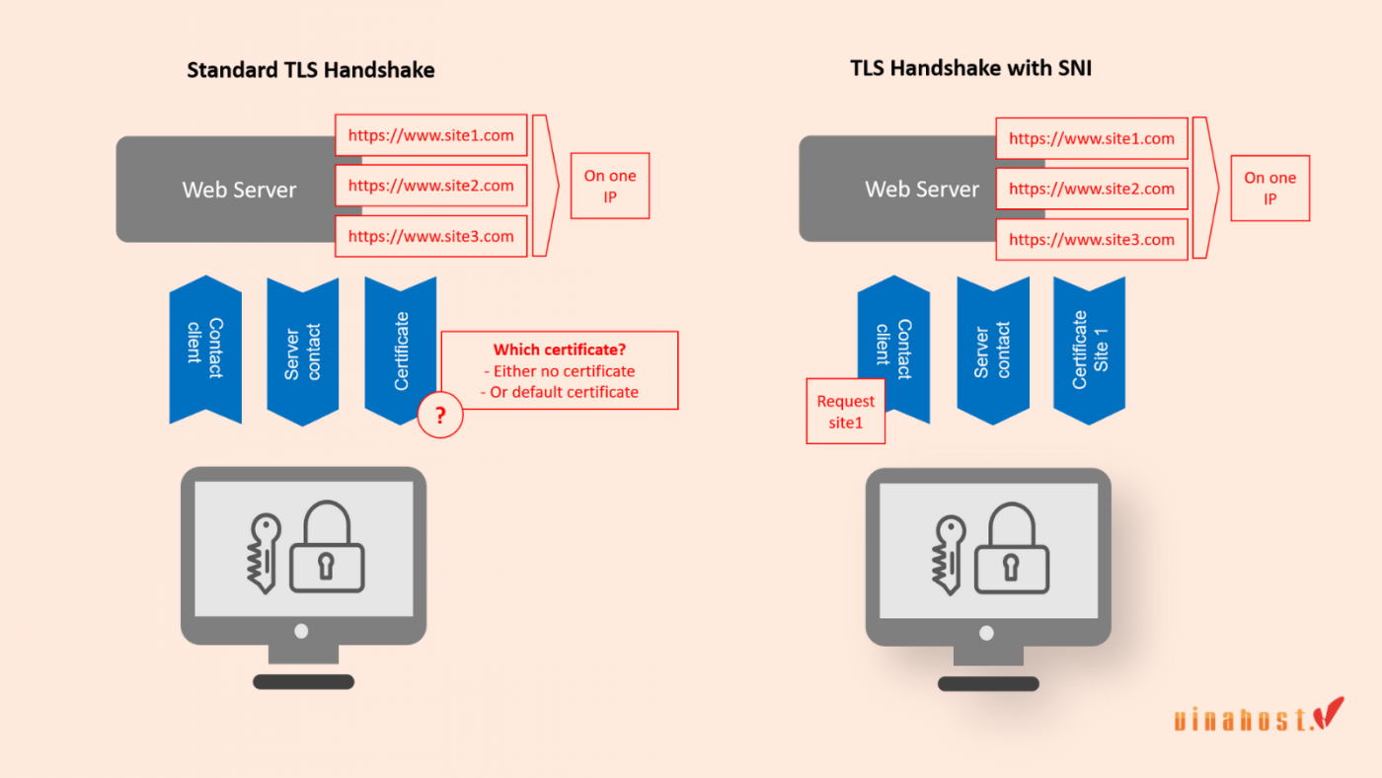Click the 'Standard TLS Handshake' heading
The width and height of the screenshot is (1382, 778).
[x=311, y=70]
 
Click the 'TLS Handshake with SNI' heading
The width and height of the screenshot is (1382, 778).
[x=970, y=68]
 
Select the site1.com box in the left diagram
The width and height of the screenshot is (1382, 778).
[x=431, y=135]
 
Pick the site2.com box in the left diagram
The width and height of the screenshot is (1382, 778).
[x=431, y=186]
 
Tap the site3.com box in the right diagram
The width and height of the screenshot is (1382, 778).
[x=1091, y=240]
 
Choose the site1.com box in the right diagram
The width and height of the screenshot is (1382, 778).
[x=1091, y=139]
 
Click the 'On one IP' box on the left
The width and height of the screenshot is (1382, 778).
[x=610, y=186]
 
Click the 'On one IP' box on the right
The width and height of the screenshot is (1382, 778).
[x=1269, y=188]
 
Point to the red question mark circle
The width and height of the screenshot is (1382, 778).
[x=440, y=417]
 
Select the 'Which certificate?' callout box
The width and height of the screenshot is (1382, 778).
[x=560, y=370]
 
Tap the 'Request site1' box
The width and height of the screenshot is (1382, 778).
[x=846, y=411]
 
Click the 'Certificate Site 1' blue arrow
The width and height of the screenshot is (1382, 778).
[x=1089, y=350]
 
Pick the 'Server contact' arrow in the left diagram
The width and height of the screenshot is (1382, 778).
[x=302, y=350]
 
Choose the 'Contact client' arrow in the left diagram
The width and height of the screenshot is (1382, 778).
[x=205, y=350]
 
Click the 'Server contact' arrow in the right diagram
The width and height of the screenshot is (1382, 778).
[x=992, y=350]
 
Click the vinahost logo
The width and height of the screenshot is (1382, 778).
[x=1259, y=717]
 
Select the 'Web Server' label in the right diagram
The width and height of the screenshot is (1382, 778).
[x=922, y=190]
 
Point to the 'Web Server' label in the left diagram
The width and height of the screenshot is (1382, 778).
[x=239, y=190]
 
